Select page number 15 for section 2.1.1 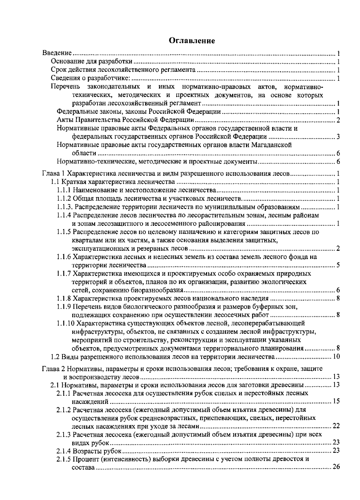point(336,401)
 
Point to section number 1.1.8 point(64,298)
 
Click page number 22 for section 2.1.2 point(336,426)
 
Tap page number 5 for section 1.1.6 point(338,265)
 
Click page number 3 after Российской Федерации point(338,137)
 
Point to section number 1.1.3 point(65,207)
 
